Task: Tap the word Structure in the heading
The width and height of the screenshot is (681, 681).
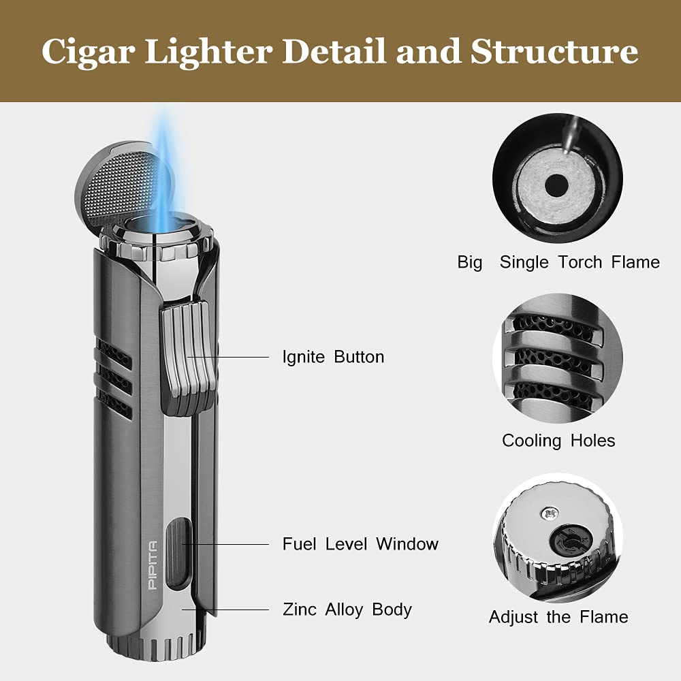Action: coord(554,51)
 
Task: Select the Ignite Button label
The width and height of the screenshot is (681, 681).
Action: coord(333,357)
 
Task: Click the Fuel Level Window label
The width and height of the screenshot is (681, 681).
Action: coord(360,543)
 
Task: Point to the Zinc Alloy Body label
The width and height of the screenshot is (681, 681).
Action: coord(347,609)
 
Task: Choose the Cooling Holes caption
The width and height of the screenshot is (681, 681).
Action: coord(558,441)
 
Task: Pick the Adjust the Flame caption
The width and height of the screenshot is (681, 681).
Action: coord(558,617)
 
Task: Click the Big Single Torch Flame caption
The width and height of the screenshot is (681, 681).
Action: coord(558,262)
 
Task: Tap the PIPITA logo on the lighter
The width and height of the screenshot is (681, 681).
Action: coord(153,565)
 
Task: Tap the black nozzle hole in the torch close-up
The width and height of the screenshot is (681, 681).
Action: coord(556,186)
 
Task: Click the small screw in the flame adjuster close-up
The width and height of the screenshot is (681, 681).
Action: coord(549,513)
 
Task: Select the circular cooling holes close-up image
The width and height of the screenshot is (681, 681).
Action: coord(558,358)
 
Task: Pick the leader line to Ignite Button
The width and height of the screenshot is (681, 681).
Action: coord(228,357)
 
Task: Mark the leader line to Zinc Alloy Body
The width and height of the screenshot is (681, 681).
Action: coord(225,609)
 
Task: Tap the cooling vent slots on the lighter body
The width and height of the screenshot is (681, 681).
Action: coord(114,378)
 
